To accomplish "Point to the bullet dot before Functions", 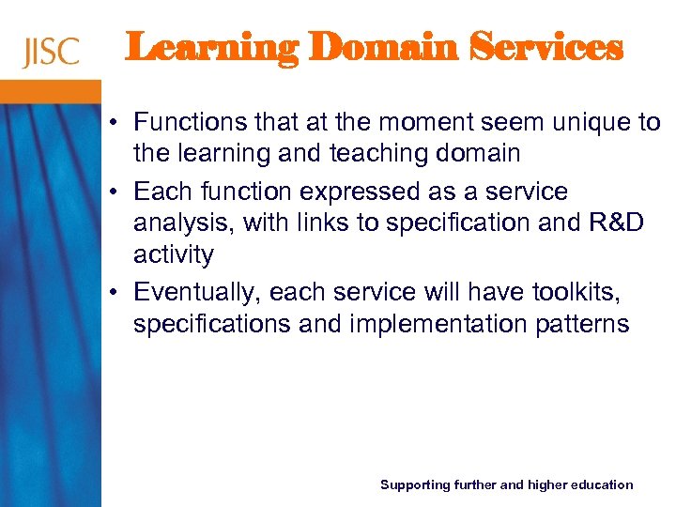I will coord(112,123).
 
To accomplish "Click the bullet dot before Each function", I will coord(112,192).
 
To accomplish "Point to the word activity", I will coord(174,254).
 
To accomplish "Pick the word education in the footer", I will coord(596,484).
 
